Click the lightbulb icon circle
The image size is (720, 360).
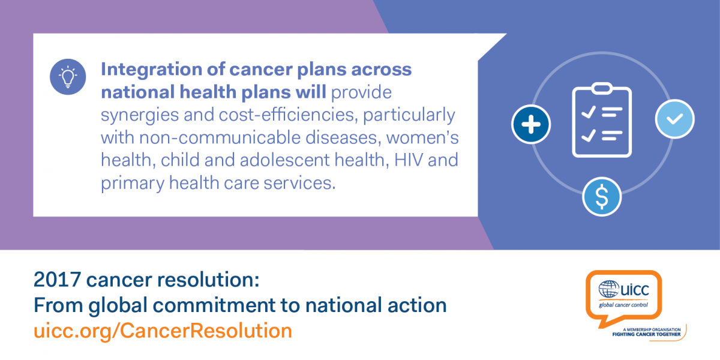pyautogui.click(x=68, y=77)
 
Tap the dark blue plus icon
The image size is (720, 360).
pyautogui.click(x=531, y=124)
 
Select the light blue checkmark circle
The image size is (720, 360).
pyautogui.click(x=674, y=119)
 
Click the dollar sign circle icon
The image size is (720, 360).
pyautogui.click(x=602, y=196)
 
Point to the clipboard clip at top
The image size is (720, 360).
pyautogui.click(x=602, y=88)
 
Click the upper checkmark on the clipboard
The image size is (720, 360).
pyautogui.click(x=589, y=112)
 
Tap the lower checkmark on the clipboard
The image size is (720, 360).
pyautogui.click(x=589, y=136)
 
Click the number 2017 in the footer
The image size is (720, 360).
pyautogui.click(x=57, y=280)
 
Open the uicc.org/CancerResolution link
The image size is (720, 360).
pyautogui.click(x=163, y=331)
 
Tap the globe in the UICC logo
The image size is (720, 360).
pyautogui.click(x=608, y=289)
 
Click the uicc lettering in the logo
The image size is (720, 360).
pyautogui.click(x=635, y=290)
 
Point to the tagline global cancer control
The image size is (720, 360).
pyautogui.click(x=623, y=305)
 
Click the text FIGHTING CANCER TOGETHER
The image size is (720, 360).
pyautogui.click(x=646, y=334)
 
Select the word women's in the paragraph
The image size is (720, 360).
pyautogui.click(x=422, y=137)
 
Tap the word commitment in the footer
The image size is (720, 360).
pyautogui.click(x=214, y=305)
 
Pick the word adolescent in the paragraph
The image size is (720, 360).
pyautogui.click(x=284, y=160)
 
